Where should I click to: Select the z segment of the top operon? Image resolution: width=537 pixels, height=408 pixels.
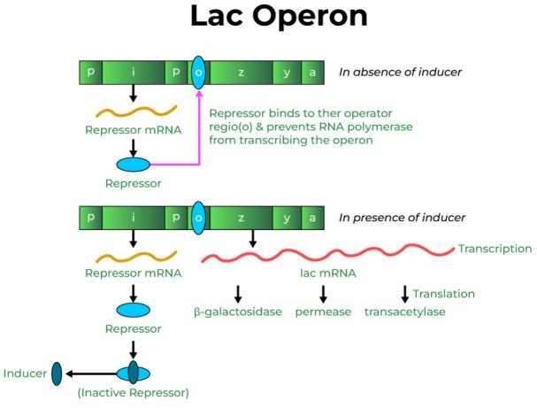click(x=241, y=73)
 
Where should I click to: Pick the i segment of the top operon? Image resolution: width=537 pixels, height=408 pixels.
click(x=133, y=73)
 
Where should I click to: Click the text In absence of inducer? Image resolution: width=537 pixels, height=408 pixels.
click(x=401, y=73)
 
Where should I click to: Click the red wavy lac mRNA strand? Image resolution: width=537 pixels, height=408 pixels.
click(x=327, y=254)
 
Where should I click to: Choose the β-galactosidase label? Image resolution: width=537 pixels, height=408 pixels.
click(x=236, y=312)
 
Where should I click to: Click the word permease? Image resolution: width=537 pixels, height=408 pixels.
click(x=323, y=312)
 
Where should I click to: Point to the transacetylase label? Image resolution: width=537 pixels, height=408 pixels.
click(x=404, y=312)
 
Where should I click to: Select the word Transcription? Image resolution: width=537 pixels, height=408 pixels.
click(x=495, y=249)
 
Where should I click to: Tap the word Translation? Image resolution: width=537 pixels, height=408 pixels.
click(x=444, y=294)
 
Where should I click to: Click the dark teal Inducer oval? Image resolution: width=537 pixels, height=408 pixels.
click(x=58, y=373)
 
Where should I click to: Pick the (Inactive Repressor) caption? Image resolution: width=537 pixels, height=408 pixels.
click(x=133, y=392)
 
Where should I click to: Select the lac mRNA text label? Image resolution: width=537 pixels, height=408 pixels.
click(x=328, y=273)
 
